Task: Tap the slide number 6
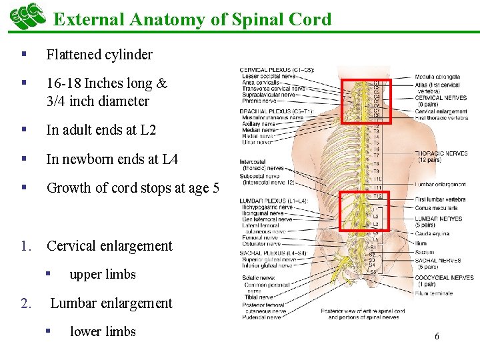[437, 337]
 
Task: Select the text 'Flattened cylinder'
[99, 55]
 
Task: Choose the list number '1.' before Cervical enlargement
[27, 246]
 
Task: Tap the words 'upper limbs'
[102, 275]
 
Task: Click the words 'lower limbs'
[102, 332]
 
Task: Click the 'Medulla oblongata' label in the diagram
[437, 77]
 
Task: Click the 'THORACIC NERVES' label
[441, 154]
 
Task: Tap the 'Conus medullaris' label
[436, 207]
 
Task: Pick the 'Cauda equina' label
[431, 234]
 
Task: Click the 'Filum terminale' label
[433, 293]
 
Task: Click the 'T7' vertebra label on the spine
[376, 155]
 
